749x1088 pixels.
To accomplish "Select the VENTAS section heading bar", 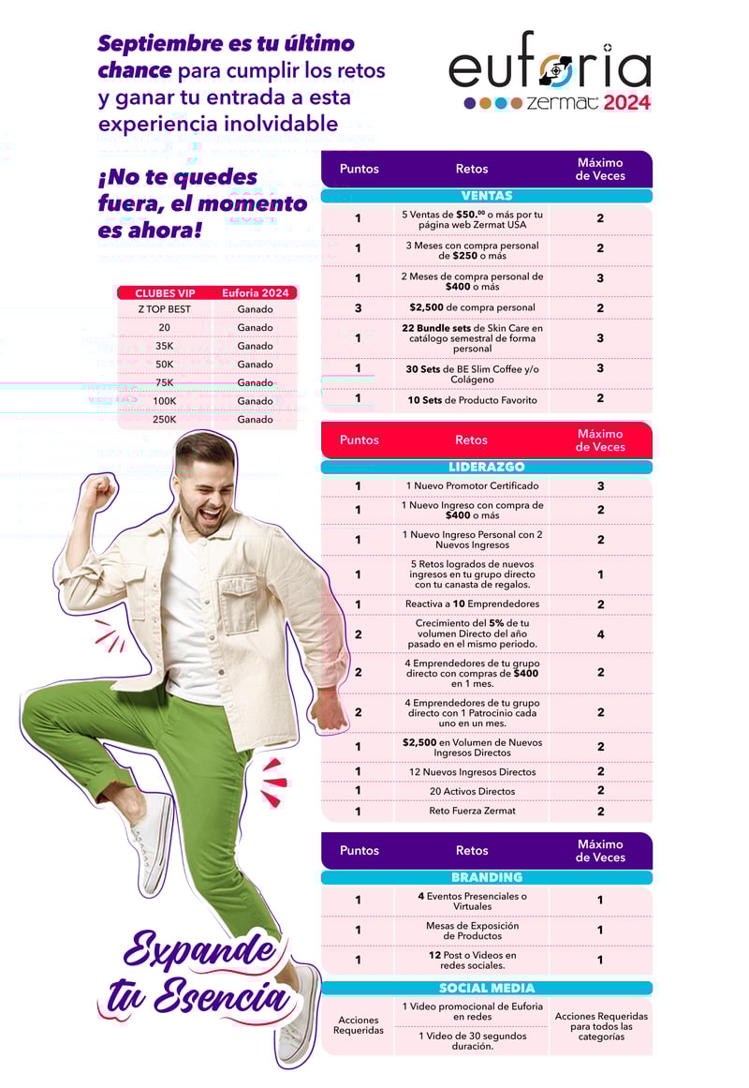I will click(x=487, y=196).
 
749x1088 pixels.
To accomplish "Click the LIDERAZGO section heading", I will click(x=487, y=467).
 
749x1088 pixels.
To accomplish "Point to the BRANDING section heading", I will click(x=487, y=877).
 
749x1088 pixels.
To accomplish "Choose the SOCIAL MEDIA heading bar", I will click(x=487, y=988).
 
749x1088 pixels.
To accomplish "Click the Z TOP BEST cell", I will click(x=164, y=309).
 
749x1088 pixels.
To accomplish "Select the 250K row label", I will click(x=164, y=419).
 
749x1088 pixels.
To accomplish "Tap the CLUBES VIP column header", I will click(x=165, y=293).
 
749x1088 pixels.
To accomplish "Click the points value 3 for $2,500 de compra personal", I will click(x=358, y=307).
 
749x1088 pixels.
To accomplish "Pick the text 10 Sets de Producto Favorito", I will click(x=472, y=400).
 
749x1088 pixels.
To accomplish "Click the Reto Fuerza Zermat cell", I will click(x=472, y=811).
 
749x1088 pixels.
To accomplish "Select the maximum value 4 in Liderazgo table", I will click(x=600, y=634).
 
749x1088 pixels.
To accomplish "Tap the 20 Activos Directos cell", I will click(x=472, y=791).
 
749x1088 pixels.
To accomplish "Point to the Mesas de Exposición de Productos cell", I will click(x=472, y=930).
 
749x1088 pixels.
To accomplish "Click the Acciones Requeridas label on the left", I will click(x=358, y=1024).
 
